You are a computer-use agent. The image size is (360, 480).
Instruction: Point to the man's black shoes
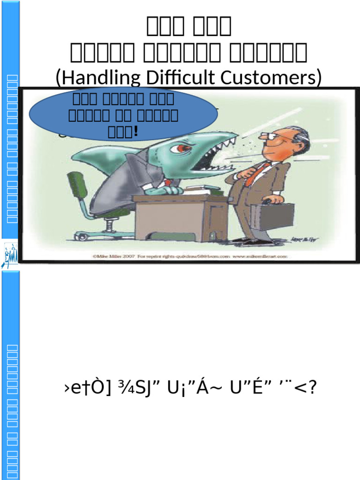[251, 241]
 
